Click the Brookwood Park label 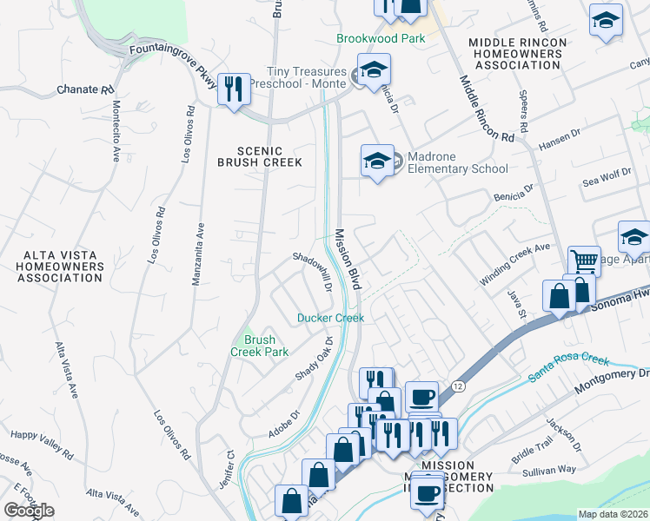pos(381,39)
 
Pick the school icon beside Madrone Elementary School pos(377,161)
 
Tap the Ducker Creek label pos(330,318)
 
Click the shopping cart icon pos(583,260)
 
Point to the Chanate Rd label pos(86,89)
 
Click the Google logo pos(29,510)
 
